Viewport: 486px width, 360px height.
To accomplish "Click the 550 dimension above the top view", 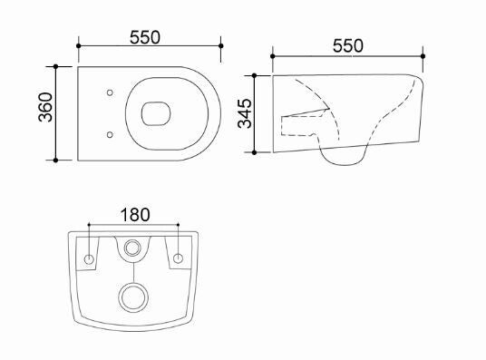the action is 145,37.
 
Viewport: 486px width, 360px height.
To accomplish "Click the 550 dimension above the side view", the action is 348,46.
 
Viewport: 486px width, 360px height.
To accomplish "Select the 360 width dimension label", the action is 45,107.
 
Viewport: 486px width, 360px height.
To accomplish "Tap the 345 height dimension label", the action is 245,113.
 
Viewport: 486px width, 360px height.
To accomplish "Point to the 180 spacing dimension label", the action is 135,215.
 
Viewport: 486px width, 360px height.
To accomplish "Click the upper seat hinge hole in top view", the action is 110,92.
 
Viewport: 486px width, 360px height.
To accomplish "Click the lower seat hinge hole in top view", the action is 110,134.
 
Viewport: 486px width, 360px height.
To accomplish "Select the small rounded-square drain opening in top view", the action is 156,113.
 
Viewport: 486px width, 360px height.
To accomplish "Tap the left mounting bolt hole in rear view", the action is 89,259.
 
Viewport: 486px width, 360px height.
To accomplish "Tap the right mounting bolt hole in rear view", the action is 178,258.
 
